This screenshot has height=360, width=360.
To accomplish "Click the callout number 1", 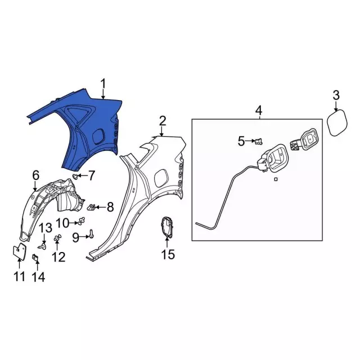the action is [103, 84].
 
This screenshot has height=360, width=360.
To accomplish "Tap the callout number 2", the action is [163, 121].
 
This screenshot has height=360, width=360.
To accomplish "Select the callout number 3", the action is [336, 95].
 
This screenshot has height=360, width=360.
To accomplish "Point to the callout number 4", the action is [259, 110].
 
